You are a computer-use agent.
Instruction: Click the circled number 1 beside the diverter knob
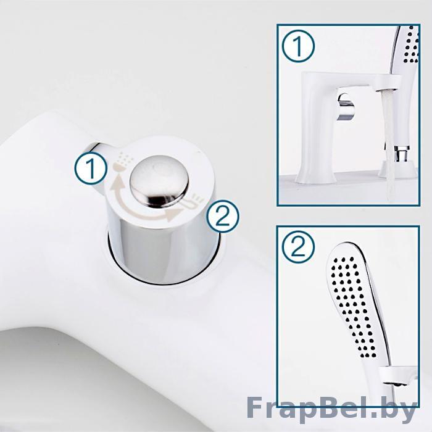(91, 168)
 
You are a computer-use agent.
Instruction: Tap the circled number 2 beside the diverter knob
(223, 217)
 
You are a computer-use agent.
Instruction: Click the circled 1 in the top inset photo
(298, 46)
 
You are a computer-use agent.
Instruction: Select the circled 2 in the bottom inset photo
(298, 247)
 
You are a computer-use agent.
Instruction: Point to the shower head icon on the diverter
(123, 162)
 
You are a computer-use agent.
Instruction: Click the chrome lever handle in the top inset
(346, 107)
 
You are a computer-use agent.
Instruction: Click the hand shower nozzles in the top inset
(411, 46)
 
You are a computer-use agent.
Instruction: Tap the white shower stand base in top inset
(397, 170)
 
